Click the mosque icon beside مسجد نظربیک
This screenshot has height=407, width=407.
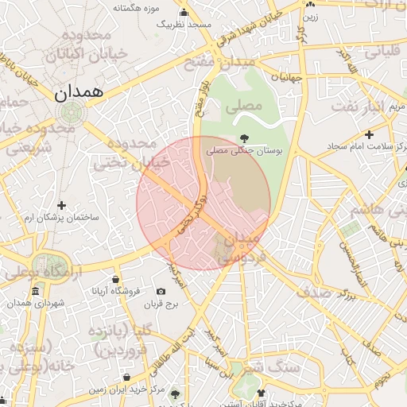184,12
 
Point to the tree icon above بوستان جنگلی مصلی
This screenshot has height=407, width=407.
243,138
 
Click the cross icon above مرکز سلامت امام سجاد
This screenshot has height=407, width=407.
369,134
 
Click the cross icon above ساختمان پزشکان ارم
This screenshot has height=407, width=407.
61,206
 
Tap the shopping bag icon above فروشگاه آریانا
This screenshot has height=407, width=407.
116,279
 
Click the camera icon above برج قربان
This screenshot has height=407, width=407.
162,292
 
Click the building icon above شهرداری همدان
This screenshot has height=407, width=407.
36,292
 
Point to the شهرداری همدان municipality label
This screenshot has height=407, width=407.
35,304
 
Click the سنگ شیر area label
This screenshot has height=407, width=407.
261,368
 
